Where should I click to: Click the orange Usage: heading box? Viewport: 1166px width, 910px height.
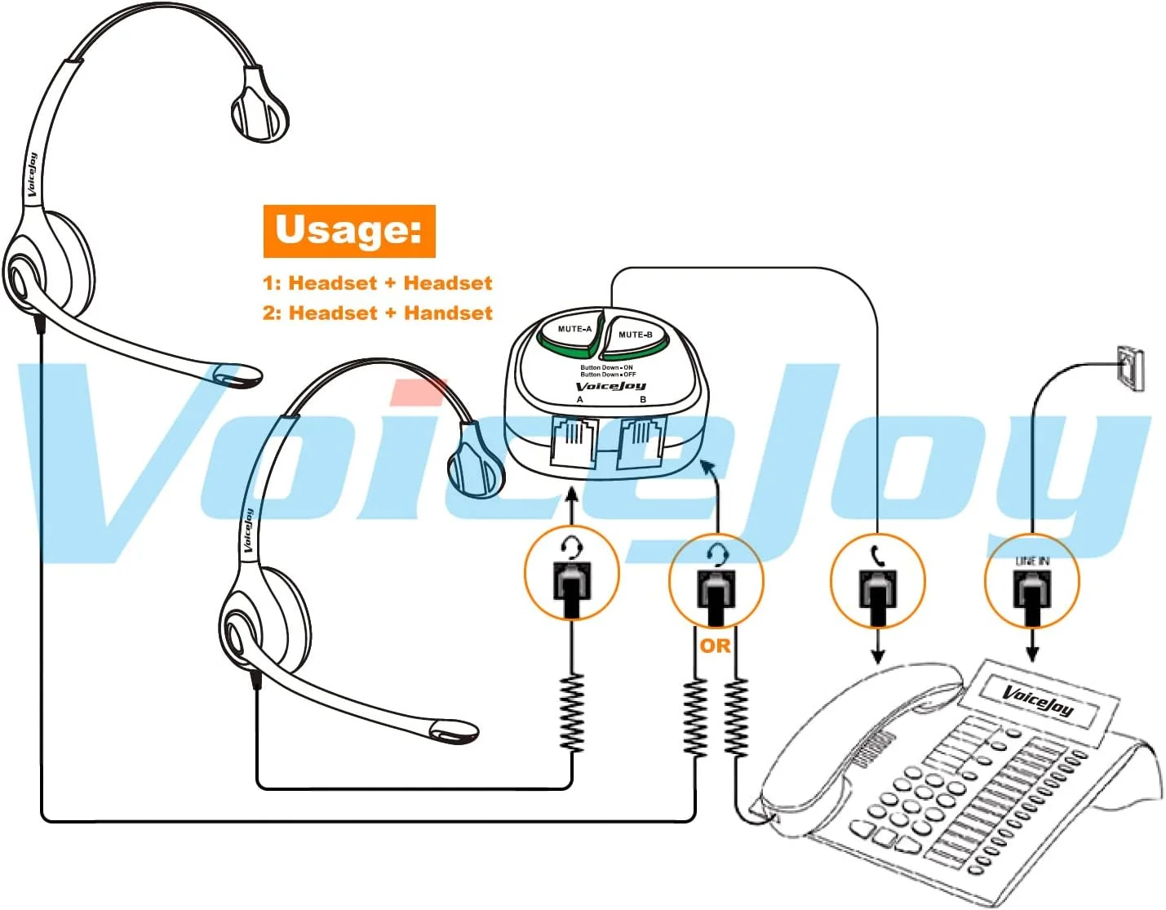pyautogui.click(x=348, y=231)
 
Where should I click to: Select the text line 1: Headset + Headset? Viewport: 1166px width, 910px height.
pyautogui.click(x=377, y=283)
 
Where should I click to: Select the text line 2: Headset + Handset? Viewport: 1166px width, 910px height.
pyautogui.click(x=377, y=313)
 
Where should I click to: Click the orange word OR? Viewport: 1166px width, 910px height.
pyautogui.click(x=715, y=646)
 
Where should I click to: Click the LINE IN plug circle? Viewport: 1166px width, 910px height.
pyautogui.click(x=1031, y=581)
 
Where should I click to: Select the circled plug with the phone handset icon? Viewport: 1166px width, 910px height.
pyautogui.click(x=877, y=580)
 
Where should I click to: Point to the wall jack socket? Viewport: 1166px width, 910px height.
pyautogui.click(x=1130, y=368)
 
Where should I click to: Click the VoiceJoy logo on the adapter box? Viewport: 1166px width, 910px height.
pyautogui.click(x=610, y=386)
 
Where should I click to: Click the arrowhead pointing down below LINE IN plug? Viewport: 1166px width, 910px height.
pyautogui.click(x=1032, y=654)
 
